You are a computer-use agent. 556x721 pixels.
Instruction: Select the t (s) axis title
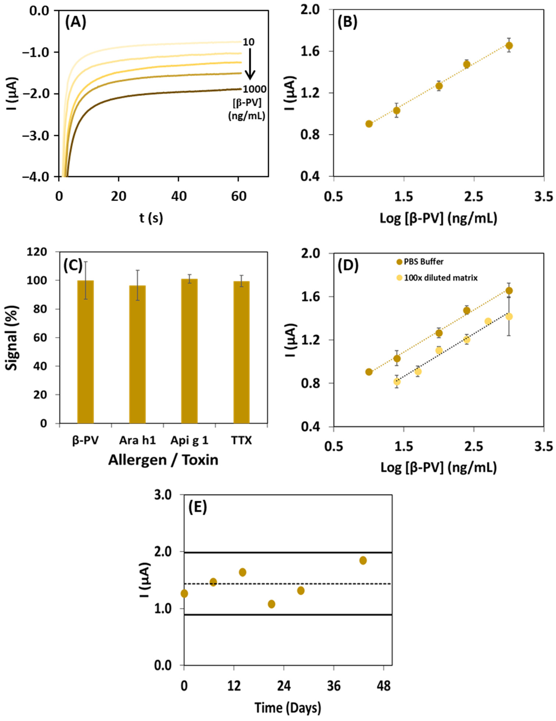pos(151,218)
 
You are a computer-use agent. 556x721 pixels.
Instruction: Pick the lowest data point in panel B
pos(369,124)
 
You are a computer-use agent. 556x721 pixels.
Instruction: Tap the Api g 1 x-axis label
pos(189,440)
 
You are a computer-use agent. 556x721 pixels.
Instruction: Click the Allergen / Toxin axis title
pos(163,460)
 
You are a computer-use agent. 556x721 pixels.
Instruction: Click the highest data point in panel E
pos(363,560)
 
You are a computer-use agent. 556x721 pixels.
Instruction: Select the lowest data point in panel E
pos(271,604)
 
